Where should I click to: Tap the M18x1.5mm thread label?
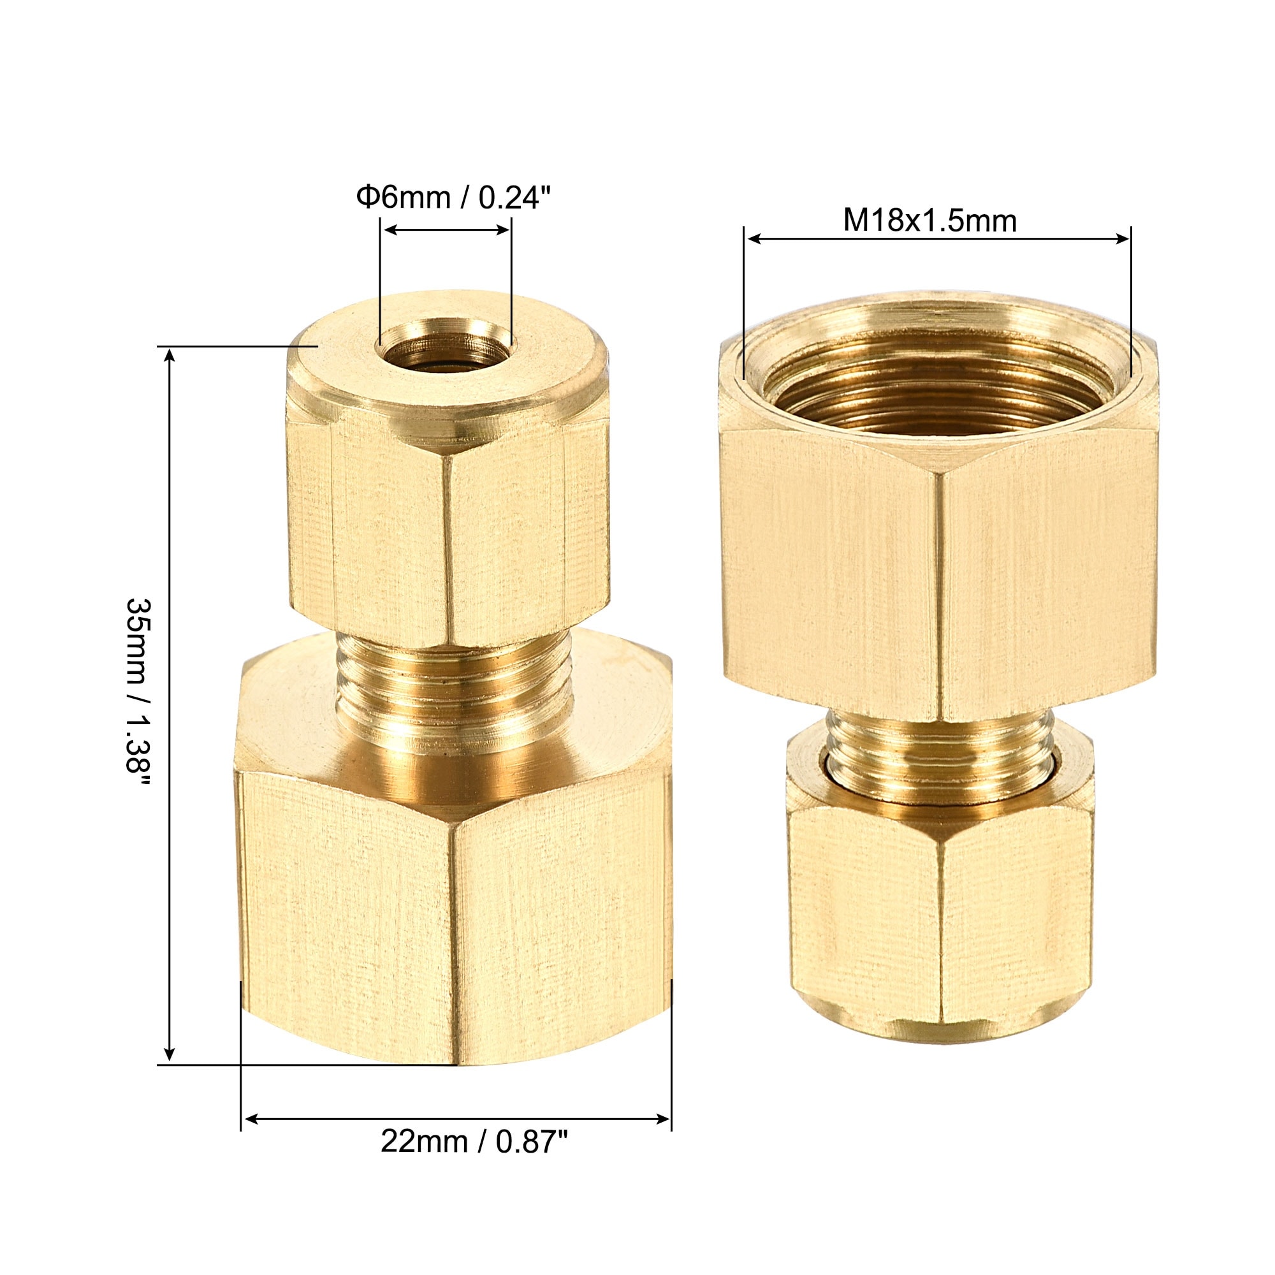(x=930, y=221)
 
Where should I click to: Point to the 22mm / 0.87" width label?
(x=474, y=1159)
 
